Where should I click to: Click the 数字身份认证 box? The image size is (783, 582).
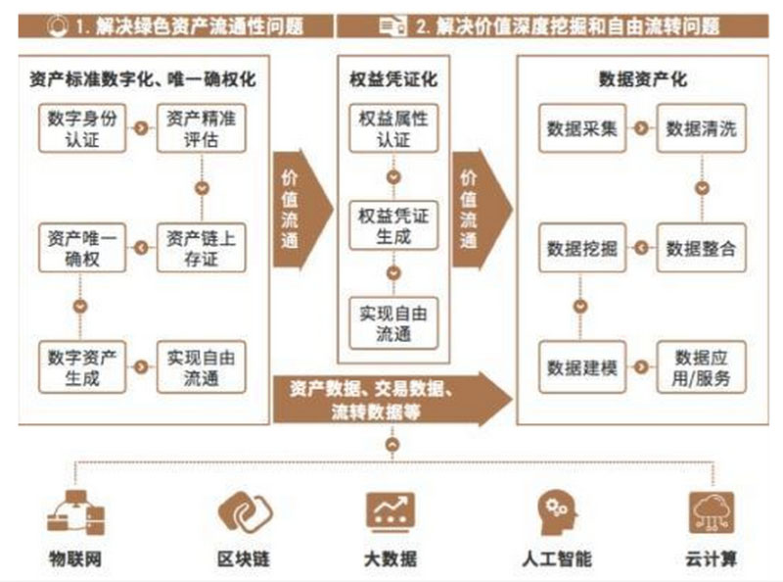pyautogui.click(x=81, y=128)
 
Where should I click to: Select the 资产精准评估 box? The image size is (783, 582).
pyautogui.click(x=202, y=128)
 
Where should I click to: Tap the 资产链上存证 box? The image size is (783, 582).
pyautogui.click(x=202, y=248)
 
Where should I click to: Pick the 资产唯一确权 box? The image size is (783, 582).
pyautogui.click(x=81, y=248)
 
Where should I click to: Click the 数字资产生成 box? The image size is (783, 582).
pyautogui.click(x=81, y=366)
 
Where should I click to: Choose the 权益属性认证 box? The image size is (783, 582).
pyautogui.click(x=393, y=128)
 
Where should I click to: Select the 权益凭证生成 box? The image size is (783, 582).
pyautogui.click(x=393, y=226)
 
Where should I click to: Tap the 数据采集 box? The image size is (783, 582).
pyautogui.click(x=581, y=128)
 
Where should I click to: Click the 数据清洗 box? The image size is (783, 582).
pyautogui.click(x=701, y=128)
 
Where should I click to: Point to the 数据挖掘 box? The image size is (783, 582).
pyautogui.click(x=581, y=248)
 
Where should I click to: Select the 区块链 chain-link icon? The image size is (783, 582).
pyautogui.click(x=243, y=511)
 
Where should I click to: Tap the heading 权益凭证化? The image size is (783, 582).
pyautogui.click(x=393, y=79)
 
